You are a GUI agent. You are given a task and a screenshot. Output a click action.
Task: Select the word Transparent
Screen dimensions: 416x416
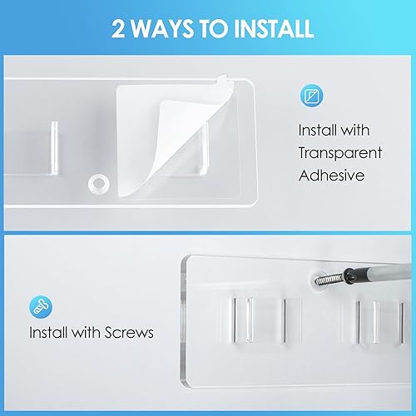pyautogui.click(x=339, y=152)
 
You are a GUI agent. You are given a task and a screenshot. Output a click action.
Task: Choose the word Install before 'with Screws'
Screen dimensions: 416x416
pyautogui.click(x=50, y=334)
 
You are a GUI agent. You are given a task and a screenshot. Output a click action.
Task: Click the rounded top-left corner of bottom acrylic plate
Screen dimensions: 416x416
pyautogui.click(x=185, y=260)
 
